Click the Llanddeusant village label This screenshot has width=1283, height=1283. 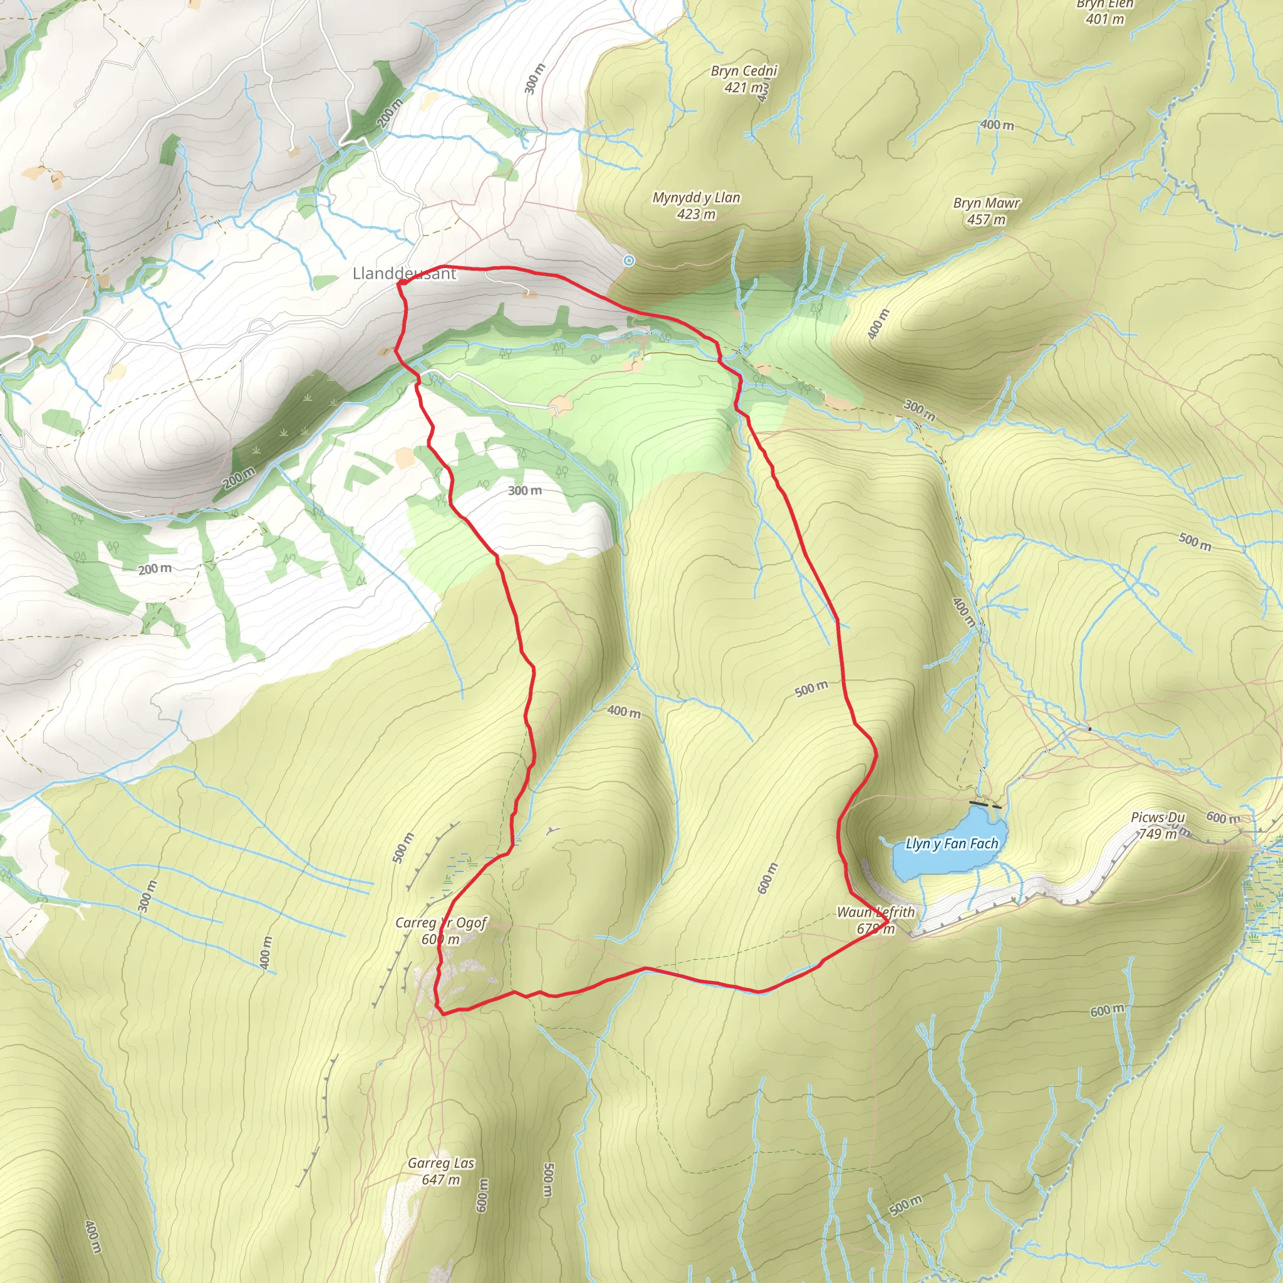tap(404, 274)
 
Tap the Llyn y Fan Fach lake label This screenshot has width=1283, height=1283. tap(952, 843)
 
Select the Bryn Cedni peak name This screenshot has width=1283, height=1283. tap(743, 70)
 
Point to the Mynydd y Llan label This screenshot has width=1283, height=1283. tap(696, 197)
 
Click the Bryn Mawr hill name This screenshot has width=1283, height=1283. tap(986, 202)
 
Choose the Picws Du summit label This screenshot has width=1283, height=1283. tap(1158, 818)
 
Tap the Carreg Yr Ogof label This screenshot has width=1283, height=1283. tap(441, 922)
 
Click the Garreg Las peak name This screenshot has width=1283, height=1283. tap(441, 1163)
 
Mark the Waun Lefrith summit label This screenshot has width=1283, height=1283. tap(875, 912)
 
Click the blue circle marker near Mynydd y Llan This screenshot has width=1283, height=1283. tap(628, 261)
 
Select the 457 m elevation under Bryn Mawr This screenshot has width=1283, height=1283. tap(986, 220)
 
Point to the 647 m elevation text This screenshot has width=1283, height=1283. tap(441, 1180)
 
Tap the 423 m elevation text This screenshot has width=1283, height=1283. tap(696, 214)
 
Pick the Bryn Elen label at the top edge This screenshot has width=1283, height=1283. tap(1105, 4)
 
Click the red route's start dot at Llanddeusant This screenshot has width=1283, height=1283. tap(402, 283)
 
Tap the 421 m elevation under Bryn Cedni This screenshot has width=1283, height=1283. tap(743, 87)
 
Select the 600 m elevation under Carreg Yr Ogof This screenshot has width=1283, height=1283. tap(441, 939)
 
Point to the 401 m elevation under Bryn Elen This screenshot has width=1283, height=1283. tap(1105, 19)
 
